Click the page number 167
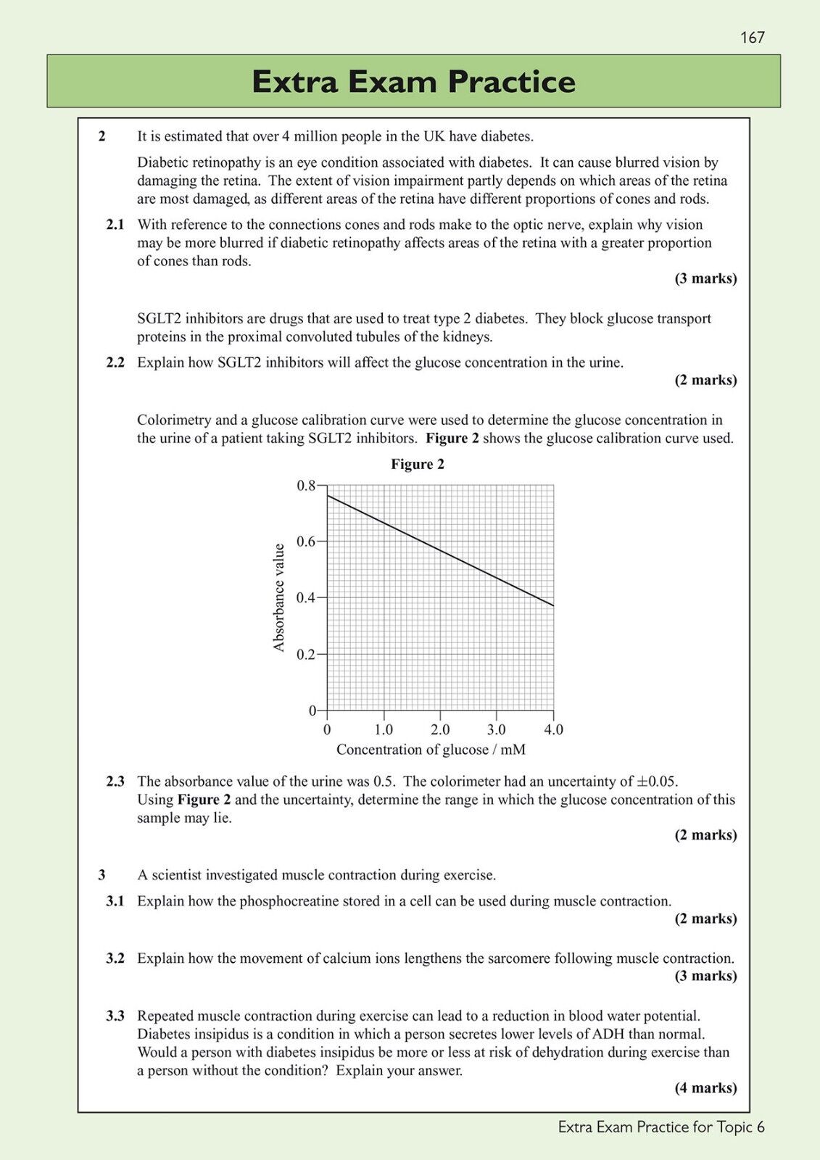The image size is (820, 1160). tap(752, 37)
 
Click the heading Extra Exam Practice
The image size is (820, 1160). tap(413, 81)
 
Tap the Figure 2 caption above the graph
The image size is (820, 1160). tap(418, 464)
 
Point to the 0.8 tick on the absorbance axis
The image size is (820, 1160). tap(306, 485)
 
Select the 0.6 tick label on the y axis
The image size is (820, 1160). tap(306, 542)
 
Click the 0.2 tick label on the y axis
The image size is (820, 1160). tap(306, 655)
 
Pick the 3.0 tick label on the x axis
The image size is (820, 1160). tap(497, 729)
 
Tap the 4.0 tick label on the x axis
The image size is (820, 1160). tap(553, 729)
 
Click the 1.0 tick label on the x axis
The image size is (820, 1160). tap(384, 729)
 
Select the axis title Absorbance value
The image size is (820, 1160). tap(279, 597)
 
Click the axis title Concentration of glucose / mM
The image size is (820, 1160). tap(431, 750)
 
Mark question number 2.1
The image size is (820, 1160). tap(115, 225)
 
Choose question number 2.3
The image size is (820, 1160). tap(115, 782)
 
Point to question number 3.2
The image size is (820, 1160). tap(115, 958)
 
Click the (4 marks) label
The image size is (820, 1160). tap(705, 1087)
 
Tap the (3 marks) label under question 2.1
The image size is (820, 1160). tap(705, 278)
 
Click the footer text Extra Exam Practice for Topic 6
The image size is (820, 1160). tap(661, 1127)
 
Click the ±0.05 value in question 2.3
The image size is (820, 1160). tap(656, 782)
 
